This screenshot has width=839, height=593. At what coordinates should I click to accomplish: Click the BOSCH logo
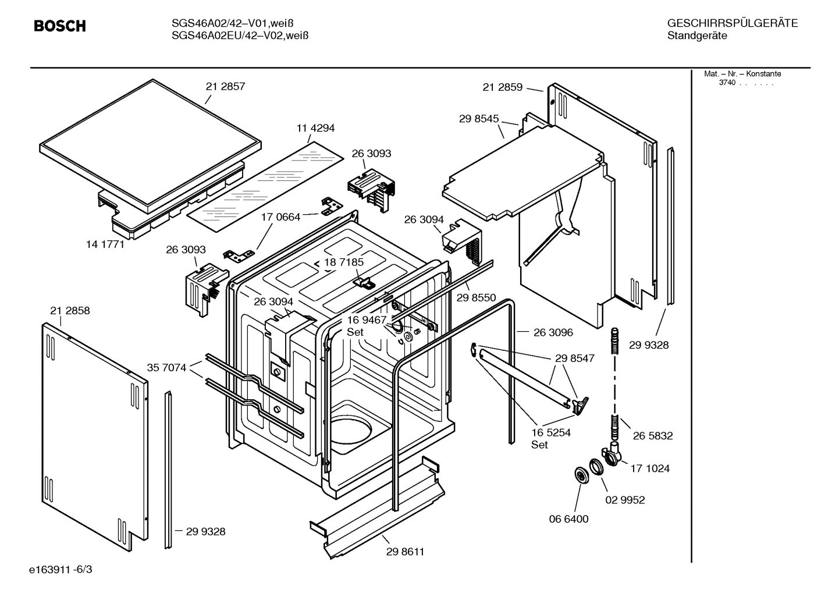[x=60, y=26]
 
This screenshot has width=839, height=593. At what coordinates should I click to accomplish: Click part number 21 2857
[x=225, y=86]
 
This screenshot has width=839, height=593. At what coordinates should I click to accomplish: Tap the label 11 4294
[x=315, y=128]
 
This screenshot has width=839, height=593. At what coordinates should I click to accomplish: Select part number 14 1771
[x=105, y=244]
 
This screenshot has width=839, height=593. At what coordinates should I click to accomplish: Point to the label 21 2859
[x=502, y=87]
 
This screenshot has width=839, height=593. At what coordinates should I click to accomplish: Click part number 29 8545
[x=479, y=119]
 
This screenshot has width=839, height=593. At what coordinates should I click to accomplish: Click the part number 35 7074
[x=166, y=368]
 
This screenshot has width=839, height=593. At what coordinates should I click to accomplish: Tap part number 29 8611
[x=405, y=552]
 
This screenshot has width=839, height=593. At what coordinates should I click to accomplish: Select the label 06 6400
[x=569, y=519]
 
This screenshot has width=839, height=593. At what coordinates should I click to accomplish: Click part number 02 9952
[x=625, y=500]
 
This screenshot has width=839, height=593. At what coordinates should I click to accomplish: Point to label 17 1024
[x=650, y=468]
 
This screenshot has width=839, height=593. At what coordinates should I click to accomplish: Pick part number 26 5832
[x=653, y=435]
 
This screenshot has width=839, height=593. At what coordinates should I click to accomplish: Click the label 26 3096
[x=553, y=333]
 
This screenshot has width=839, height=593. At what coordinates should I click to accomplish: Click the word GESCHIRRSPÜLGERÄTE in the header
[x=732, y=24]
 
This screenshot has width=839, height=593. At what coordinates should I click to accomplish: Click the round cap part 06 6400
[x=580, y=475]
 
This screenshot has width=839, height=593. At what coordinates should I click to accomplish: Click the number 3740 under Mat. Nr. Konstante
[x=727, y=83]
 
